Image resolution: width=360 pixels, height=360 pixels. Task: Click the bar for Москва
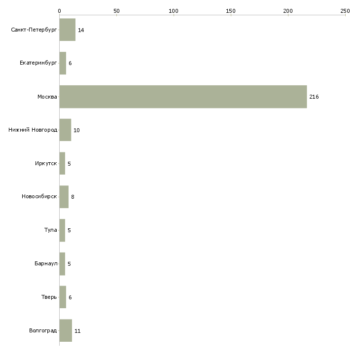click(x=183, y=97)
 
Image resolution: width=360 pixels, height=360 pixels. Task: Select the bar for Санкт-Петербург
click(x=68, y=30)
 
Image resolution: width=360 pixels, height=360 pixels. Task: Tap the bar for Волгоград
click(x=66, y=330)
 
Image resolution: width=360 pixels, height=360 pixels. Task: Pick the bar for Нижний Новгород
click(x=65, y=130)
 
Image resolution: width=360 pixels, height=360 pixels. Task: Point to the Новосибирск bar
click(x=64, y=197)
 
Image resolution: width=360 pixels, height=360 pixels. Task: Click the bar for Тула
click(x=62, y=230)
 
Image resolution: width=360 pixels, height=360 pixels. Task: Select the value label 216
click(x=314, y=97)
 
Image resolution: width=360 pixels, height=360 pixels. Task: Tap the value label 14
click(x=81, y=31)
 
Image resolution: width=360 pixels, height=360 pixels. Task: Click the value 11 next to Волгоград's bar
click(x=77, y=331)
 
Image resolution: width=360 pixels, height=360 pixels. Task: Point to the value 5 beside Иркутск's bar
click(x=69, y=164)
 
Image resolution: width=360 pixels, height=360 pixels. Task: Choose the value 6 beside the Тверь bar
click(x=70, y=297)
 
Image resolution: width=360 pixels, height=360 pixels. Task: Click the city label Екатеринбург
click(x=38, y=63)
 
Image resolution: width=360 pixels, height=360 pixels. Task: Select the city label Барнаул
click(x=46, y=264)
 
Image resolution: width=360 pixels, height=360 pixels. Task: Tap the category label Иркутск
click(x=45, y=163)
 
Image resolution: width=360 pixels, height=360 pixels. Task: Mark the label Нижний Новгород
click(x=33, y=130)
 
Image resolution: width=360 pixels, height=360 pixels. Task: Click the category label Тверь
click(x=49, y=297)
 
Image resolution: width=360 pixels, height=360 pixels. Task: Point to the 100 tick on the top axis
click(x=174, y=10)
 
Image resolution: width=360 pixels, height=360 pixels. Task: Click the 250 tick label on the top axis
click(x=345, y=10)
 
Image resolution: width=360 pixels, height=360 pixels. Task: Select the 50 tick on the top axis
click(x=116, y=10)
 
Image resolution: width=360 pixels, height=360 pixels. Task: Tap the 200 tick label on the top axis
click(x=288, y=10)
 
